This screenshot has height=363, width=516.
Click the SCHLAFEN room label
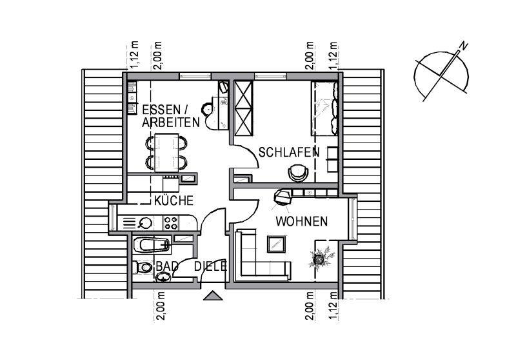click(x=288, y=152)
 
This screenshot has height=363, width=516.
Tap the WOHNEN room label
click(x=301, y=221)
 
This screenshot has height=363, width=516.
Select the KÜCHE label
click(x=174, y=200)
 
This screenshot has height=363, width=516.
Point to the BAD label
click(x=167, y=266)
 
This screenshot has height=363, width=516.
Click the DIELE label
click(x=211, y=266)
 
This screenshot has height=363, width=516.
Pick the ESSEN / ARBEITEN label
click(x=171, y=116)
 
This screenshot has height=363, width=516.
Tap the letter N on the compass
click(x=464, y=46)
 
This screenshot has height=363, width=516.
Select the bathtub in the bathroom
click(x=152, y=245)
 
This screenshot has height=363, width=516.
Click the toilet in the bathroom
click(x=142, y=267)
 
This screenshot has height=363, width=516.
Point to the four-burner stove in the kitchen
click(x=171, y=223)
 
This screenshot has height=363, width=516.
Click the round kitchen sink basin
click(x=144, y=223)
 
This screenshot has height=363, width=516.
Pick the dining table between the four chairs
click(x=166, y=152)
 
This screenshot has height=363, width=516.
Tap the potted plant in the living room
click(x=321, y=258)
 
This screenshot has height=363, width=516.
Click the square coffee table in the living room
click(x=277, y=244)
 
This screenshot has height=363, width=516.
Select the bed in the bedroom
click(x=324, y=108)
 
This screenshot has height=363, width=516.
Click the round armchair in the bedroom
click(x=298, y=173)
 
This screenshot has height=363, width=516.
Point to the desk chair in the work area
click(x=208, y=109)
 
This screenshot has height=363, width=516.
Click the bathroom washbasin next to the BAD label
click(x=163, y=277)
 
